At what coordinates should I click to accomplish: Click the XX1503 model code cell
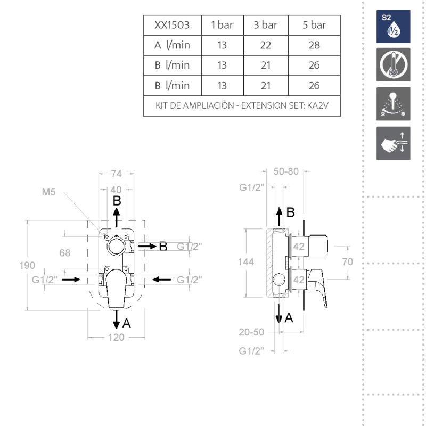pyautogui.click(x=172, y=25)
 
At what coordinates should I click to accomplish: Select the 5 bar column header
pyautogui.click(x=314, y=25)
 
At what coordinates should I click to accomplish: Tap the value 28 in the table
pyautogui.click(x=314, y=45)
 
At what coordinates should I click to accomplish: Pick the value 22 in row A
pyautogui.click(x=265, y=45)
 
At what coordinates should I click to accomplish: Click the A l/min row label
pyautogui.click(x=172, y=45)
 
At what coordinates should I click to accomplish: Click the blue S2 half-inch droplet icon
pyautogui.click(x=393, y=26)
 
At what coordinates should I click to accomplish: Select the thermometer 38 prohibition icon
pyautogui.click(x=393, y=64)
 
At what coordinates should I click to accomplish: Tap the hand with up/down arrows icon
pyautogui.click(x=393, y=143)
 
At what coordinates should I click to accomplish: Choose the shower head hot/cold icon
pyautogui.click(x=393, y=104)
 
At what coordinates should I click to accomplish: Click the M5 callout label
pyautogui.click(x=48, y=192)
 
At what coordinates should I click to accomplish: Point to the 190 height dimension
pyautogui.click(x=27, y=265)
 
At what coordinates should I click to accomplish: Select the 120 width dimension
pyautogui.click(x=116, y=338)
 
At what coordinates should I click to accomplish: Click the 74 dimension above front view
pyautogui.click(x=116, y=174)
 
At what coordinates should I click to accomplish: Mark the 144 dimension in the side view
pyautogui.click(x=246, y=262)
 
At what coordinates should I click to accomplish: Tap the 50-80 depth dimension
pyautogui.click(x=286, y=171)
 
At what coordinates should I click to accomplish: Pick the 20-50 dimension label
pyautogui.click(x=251, y=332)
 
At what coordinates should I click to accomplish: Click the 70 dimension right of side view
pyautogui.click(x=348, y=262)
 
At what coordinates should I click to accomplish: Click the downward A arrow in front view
pyautogui.click(x=116, y=319)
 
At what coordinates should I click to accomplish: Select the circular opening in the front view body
pyautogui.click(x=117, y=247)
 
